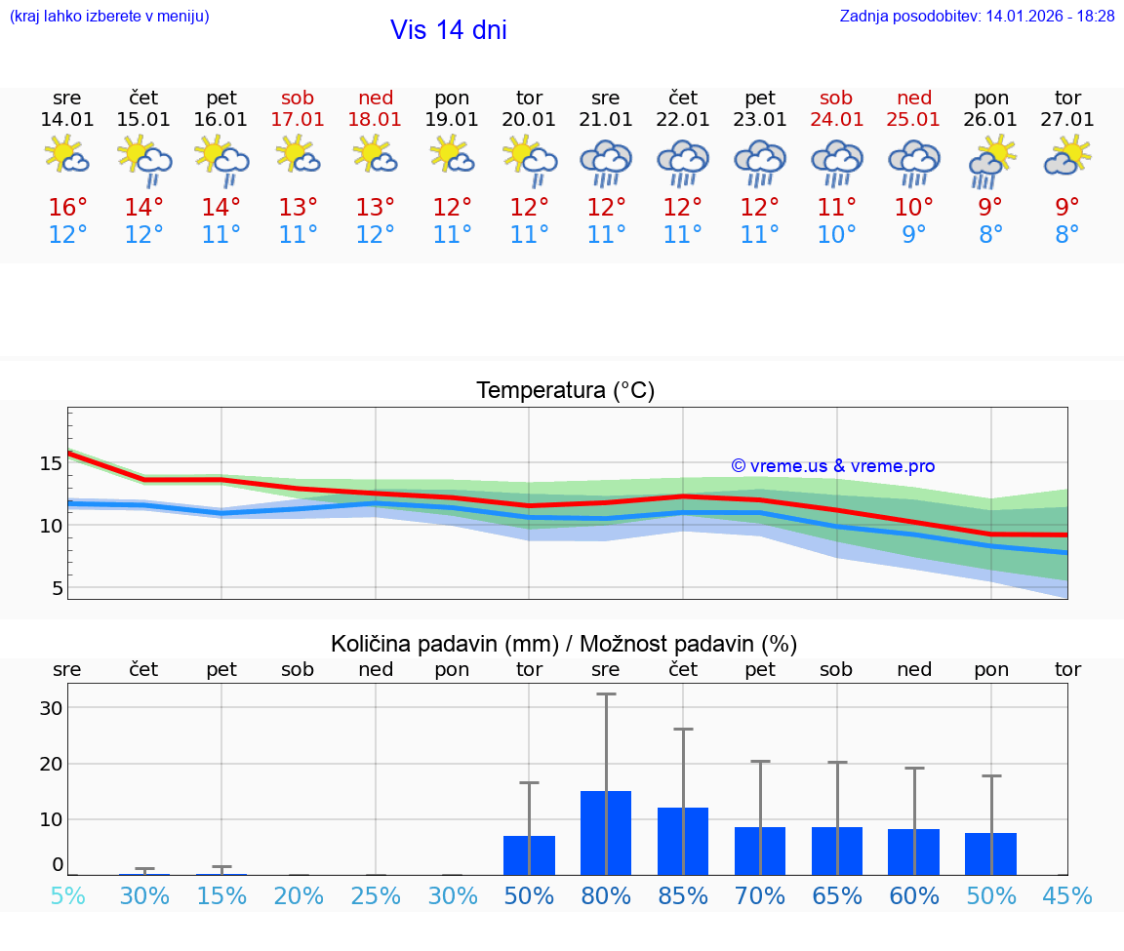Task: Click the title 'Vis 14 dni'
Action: coord(449,30)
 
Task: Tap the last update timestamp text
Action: coord(977,17)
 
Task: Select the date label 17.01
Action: coord(299,120)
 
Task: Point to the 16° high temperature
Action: coord(67,208)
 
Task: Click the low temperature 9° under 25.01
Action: coord(914,235)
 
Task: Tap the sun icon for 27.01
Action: coord(1067,155)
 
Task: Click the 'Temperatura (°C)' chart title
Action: coord(565,391)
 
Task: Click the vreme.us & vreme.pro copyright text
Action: coord(832,466)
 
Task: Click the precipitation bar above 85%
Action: coord(683,841)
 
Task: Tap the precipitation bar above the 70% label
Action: coord(760,851)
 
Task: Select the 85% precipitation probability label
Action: coord(683,895)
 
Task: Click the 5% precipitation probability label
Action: coord(67,895)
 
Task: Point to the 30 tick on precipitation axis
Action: coord(51,708)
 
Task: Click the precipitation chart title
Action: coord(564,644)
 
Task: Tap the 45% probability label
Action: coord(1067,895)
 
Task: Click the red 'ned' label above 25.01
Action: coord(914,98)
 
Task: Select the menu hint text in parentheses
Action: coord(109,17)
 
